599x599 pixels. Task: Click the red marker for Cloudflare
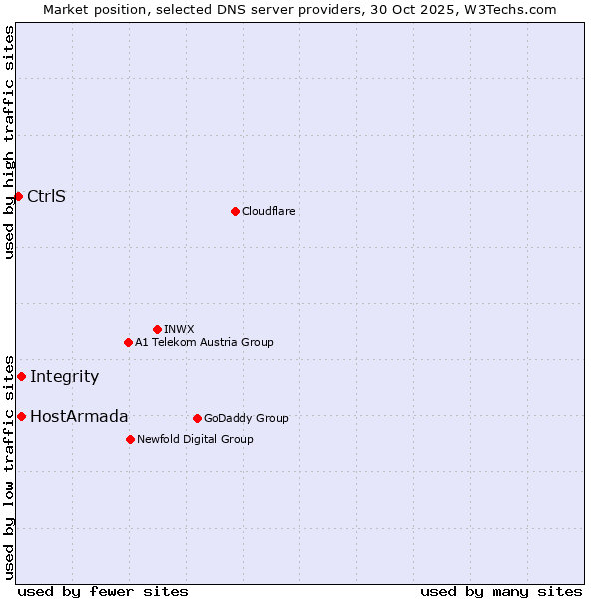[x=235, y=211]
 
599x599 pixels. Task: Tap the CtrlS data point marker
[x=18, y=196]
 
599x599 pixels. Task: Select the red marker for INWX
[x=157, y=329]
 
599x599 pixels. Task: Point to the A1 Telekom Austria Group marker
[x=128, y=342]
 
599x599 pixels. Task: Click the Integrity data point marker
[x=21, y=376]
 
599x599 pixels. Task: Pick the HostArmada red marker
[x=21, y=416]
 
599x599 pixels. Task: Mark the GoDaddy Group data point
[x=197, y=418]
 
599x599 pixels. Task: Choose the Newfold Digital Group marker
[x=130, y=439]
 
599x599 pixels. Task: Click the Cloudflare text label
[x=268, y=211]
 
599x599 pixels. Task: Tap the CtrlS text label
[x=46, y=196]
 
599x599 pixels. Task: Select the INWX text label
[x=179, y=329]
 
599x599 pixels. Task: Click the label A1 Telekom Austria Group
[x=204, y=342]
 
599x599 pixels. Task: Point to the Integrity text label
[x=64, y=376]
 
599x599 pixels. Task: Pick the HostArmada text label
[x=79, y=416]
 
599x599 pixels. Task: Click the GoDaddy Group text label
[x=246, y=418]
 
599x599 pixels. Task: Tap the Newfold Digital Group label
[x=195, y=439]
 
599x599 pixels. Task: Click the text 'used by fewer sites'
[x=103, y=591]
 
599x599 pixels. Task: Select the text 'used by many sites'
[x=501, y=591]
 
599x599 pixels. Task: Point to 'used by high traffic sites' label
[x=9, y=142]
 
